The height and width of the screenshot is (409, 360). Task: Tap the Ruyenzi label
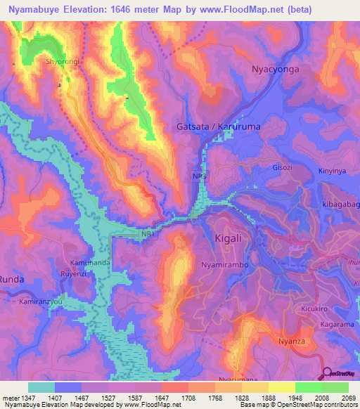pos(73,274)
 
